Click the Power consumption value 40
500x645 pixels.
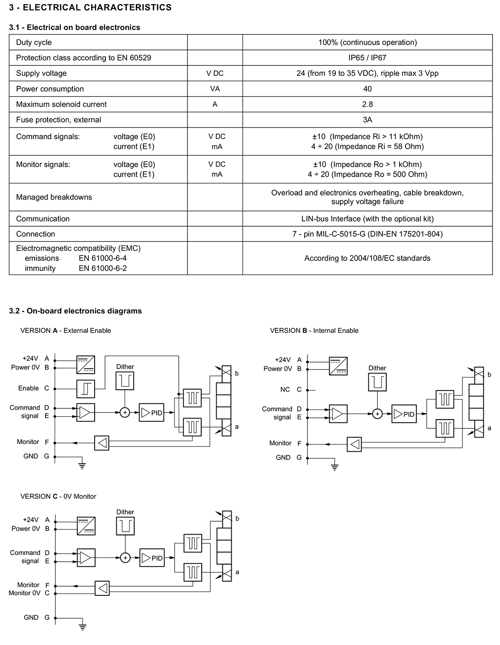point(367,89)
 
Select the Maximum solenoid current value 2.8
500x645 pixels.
point(367,104)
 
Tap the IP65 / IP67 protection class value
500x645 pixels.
point(367,57)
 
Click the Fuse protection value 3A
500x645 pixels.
point(367,120)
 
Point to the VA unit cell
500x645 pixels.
point(215,89)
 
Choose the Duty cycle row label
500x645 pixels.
point(34,42)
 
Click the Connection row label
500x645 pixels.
point(35,234)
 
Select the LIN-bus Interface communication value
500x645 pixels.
point(367,219)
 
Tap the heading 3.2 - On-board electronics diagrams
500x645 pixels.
point(75,311)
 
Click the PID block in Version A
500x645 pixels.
point(151,412)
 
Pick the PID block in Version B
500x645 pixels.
point(404,414)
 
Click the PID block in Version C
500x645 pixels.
point(152,557)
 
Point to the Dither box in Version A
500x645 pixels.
point(125,380)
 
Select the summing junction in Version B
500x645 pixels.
point(377,414)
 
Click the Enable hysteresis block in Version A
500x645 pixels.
point(86,389)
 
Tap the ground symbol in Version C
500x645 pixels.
point(82,627)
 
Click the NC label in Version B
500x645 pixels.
point(285,390)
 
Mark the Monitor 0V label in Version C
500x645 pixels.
point(24,593)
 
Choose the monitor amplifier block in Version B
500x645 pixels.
point(354,444)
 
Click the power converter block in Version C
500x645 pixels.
point(86,526)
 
